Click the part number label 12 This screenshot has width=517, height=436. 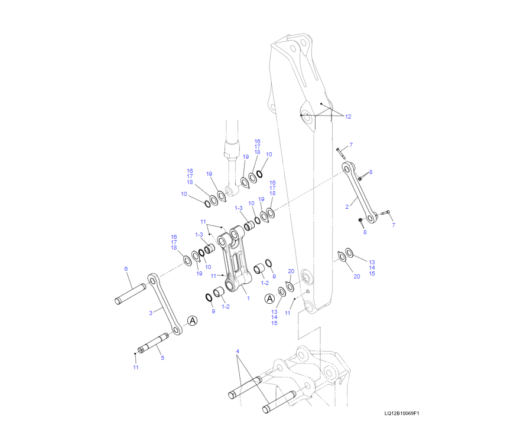(x=348, y=117)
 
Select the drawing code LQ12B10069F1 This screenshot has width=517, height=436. (x=401, y=414)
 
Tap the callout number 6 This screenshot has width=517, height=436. (x=126, y=269)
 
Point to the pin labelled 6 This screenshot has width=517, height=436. (x=130, y=294)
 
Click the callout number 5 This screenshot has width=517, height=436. (x=162, y=358)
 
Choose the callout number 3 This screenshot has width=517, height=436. (x=151, y=312)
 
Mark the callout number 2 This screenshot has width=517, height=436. (x=347, y=206)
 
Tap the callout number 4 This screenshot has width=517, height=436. (x=238, y=352)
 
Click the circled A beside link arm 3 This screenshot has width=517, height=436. (x=192, y=320)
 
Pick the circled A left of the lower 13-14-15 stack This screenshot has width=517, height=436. (x=269, y=298)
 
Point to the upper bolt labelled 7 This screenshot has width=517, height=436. (x=341, y=153)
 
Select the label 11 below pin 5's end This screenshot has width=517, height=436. (x=135, y=368)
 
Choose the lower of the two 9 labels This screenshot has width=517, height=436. (x=213, y=310)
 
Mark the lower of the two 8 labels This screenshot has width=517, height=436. (x=365, y=232)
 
